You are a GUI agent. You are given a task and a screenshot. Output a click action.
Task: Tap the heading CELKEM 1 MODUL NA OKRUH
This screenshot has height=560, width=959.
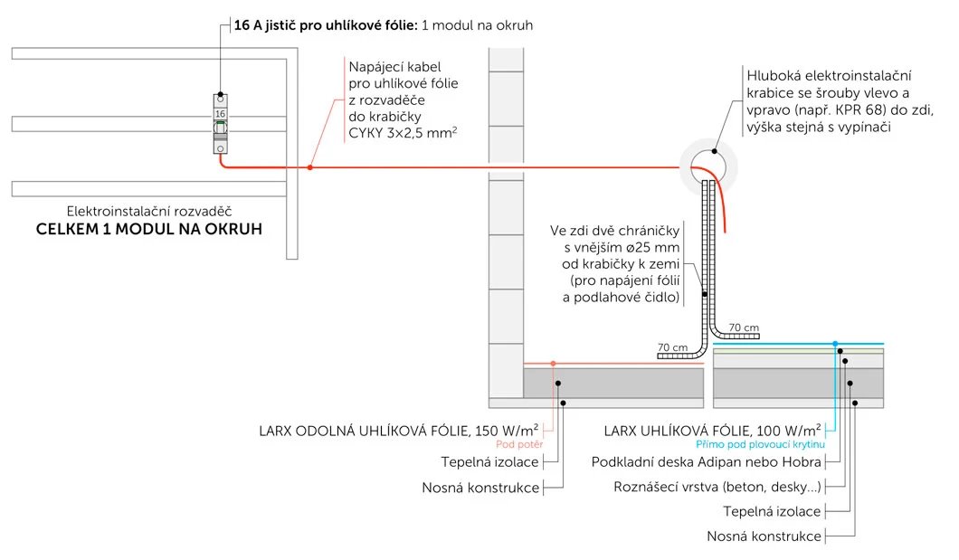pyautogui.click(x=148, y=229)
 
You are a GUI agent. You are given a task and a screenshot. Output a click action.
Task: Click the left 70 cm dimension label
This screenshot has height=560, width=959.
pyautogui.click(x=673, y=346)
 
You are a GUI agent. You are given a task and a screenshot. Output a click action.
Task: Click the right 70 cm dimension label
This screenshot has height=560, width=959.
pyautogui.click(x=743, y=327)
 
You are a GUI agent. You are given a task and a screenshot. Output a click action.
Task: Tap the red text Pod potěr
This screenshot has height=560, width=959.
pyautogui.click(x=518, y=444)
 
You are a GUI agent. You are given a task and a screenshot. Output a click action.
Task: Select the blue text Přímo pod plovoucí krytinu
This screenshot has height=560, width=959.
pyautogui.click(x=760, y=444)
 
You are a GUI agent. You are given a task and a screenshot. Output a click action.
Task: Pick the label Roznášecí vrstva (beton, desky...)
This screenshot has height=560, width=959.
pyautogui.click(x=717, y=488)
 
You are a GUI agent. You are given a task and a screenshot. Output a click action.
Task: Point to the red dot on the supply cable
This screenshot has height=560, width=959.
pyautogui.click(x=310, y=167)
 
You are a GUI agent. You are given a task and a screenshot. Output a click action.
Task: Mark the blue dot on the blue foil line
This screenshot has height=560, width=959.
pyautogui.click(x=835, y=344)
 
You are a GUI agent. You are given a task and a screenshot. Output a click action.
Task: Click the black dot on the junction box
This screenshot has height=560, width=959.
pyautogui.click(x=716, y=151)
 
